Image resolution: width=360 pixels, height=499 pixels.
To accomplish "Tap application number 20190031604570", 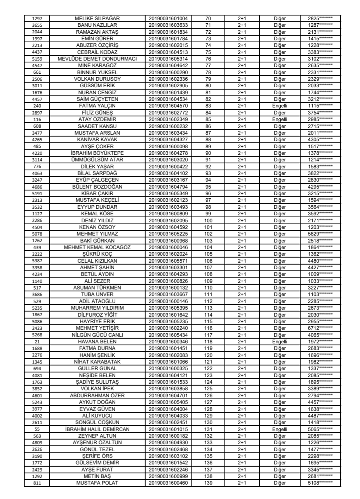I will [x=168, y=94].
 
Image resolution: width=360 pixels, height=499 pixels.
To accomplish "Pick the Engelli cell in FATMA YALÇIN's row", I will [x=279, y=94].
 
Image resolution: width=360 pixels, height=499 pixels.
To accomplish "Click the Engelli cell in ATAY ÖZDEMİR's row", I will [x=279, y=104].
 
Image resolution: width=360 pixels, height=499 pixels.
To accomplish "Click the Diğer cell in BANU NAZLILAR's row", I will [x=279, y=23].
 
